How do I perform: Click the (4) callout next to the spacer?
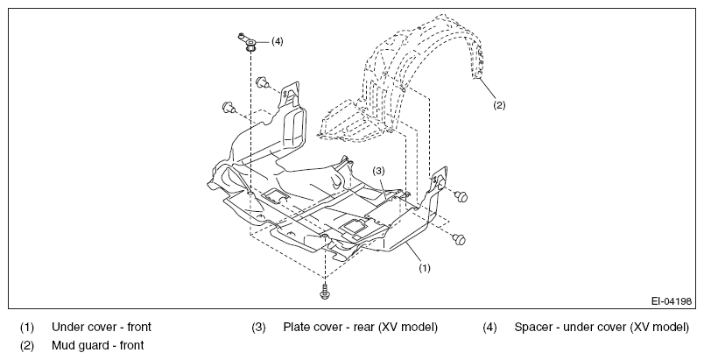[x=278, y=41]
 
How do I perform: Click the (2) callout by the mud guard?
[x=499, y=105]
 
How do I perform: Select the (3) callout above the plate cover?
[x=379, y=171]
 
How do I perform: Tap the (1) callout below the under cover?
[x=425, y=268]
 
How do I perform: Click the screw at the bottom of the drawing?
[x=325, y=292]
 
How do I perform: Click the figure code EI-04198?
[x=672, y=300]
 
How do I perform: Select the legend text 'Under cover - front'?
[x=102, y=327]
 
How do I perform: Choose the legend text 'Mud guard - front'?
[x=98, y=345]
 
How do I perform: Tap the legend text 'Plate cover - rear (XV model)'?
[x=360, y=327]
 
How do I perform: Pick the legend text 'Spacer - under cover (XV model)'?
[x=602, y=327]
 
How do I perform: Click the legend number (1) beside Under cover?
[x=27, y=328]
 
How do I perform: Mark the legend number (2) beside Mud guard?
[x=27, y=346]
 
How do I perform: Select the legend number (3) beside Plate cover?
[x=258, y=328]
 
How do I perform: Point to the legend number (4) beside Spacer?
[x=489, y=328]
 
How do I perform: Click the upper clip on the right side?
[x=461, y=196]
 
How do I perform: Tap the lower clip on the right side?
[x=459, y=239]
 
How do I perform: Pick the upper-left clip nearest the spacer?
[x=262, y=82]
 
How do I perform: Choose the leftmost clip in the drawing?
[x=229, y=107]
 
